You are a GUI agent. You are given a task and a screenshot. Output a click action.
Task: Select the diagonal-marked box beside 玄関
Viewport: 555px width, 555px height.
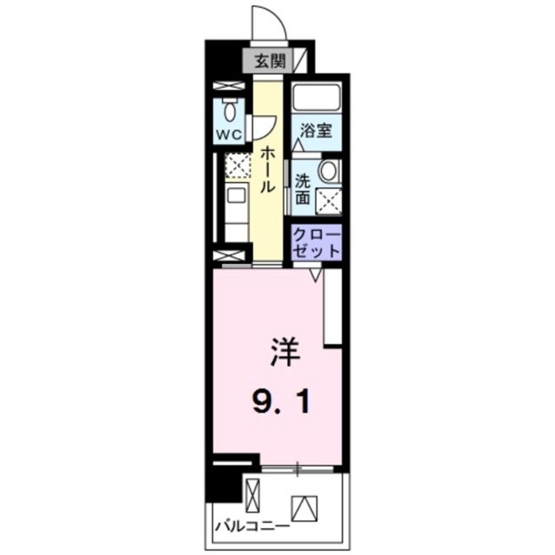pyautogui.click(x=300, y=60)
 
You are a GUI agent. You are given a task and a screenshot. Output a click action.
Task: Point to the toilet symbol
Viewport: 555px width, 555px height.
pyautogui.click(x=229, y=111)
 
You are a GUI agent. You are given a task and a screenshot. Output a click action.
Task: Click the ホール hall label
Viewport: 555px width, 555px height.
pyautogui.click(x=267, y=170)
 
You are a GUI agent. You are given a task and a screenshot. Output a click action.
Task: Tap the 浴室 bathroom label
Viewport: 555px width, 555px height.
pyautogui.click(x=316, y=131)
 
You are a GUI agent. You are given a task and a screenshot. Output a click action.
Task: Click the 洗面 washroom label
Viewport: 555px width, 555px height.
pyautogui.click(x=302, y=189)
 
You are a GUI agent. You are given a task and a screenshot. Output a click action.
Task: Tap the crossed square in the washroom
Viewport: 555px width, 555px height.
pyautogui.click(x=329, y=200)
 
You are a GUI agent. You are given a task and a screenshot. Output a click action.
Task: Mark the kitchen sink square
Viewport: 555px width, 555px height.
pyautogui.click(x=235, y=195)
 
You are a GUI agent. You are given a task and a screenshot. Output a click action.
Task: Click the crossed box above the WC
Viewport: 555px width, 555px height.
pyautogui.click(x=229, y=86)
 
